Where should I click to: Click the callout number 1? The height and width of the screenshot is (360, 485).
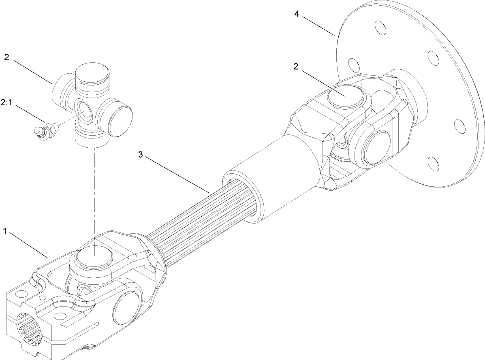pos(4,232)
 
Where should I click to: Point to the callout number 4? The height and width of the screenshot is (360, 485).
pos(297,14)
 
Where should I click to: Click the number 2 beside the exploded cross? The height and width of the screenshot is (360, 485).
pos(6,57)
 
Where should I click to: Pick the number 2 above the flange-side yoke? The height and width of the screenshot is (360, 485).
pos(296,67)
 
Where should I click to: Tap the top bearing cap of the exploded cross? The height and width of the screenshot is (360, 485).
pos(93,73)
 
